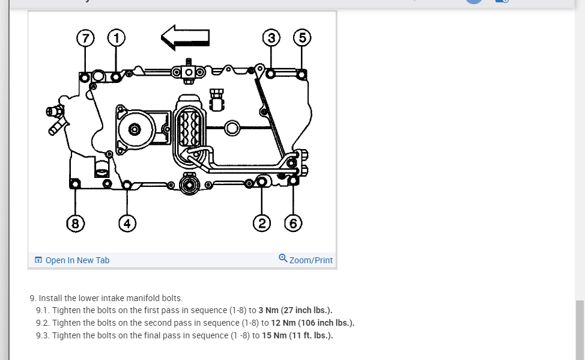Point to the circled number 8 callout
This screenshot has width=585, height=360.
[x=75, y=224]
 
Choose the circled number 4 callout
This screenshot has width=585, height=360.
[x=127, y=224]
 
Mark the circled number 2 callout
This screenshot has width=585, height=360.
[x=262, y=224]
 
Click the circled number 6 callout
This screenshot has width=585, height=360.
[x=293, y=224]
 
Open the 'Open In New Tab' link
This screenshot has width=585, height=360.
[x=77, y=260]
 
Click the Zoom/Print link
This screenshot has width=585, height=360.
[x=311, y=260]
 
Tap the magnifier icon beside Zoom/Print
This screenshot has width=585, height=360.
[x=283, y=259]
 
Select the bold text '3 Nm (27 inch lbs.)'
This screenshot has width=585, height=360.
[x=295, y=310]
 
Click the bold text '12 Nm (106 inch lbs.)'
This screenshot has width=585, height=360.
[x=312, y=323]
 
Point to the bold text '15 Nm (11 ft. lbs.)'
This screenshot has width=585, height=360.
[x=297, y=335]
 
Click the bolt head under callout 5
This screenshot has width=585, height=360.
[x=302, y=74]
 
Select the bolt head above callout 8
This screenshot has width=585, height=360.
[x=75, y=182]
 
